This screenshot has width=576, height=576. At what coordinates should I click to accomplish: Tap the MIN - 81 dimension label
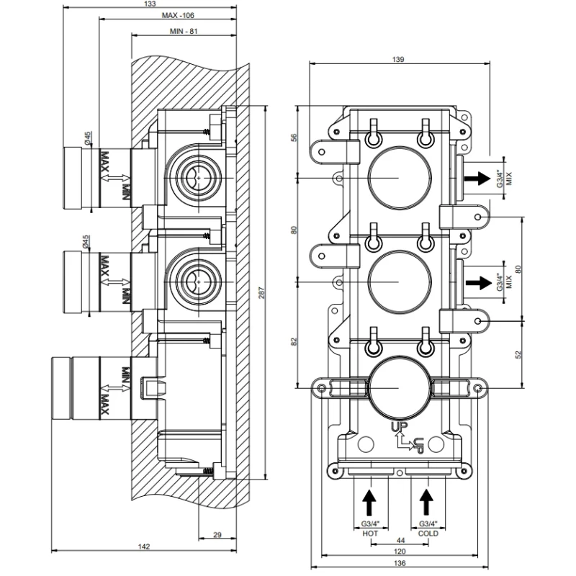(x=184, y=32)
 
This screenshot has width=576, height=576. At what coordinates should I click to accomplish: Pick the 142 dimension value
(x=144, y=547)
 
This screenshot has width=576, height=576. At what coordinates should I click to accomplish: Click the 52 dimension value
(x=519, y=354)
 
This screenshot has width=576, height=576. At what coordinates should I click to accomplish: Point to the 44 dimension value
(x=399, y=540)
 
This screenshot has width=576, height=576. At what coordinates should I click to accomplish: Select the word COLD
(x=428, y=534)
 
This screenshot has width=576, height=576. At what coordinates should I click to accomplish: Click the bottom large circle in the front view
(x=399, y=389)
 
